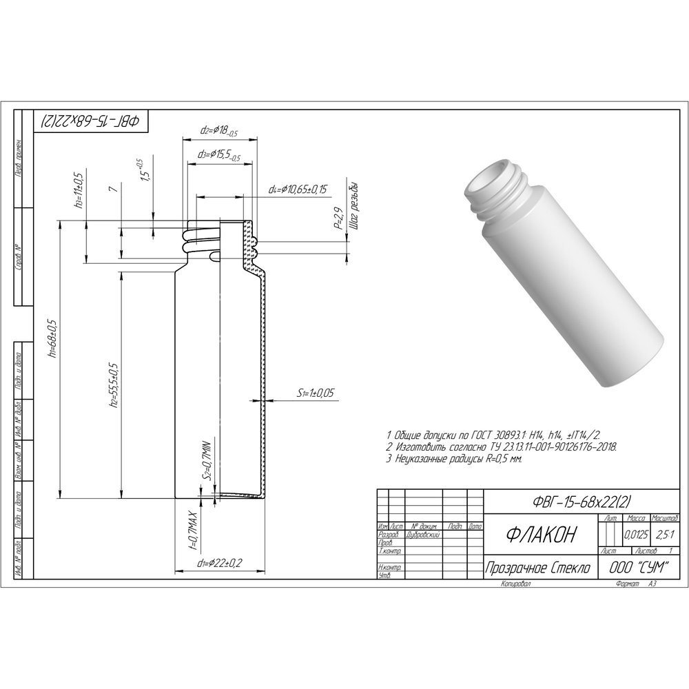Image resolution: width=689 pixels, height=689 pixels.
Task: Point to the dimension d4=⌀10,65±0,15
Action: coord(298,189)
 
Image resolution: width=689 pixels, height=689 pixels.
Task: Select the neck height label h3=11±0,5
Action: coord(80,189)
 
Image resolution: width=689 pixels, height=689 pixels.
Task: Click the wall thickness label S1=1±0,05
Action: coord(316,393)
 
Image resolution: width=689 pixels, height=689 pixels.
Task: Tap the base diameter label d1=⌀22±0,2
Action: coord(219,564)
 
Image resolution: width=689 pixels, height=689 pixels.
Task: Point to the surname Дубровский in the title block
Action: coord(424,535)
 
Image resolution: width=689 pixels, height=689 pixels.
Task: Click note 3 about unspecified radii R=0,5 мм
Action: coord(454,457)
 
